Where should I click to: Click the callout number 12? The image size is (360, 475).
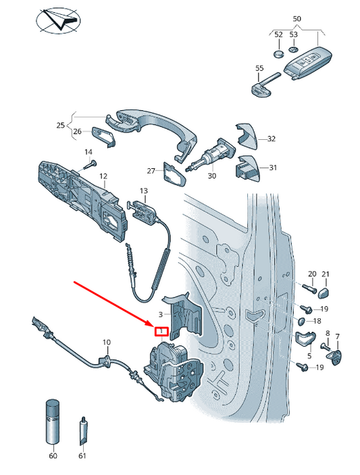pyautogui.click(x=103, y=177)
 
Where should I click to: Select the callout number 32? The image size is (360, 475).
pyautogui.click(x=272, y=139)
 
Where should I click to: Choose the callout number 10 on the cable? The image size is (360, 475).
pyautogui.click(x=106, y=343)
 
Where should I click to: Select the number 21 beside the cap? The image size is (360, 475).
pyautogui.click(x=326, y=274)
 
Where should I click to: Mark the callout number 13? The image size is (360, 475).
pyautogui.click(x=143, y=191)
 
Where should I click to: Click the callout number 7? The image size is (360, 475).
pyautogui.click(x=338, y=336)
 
